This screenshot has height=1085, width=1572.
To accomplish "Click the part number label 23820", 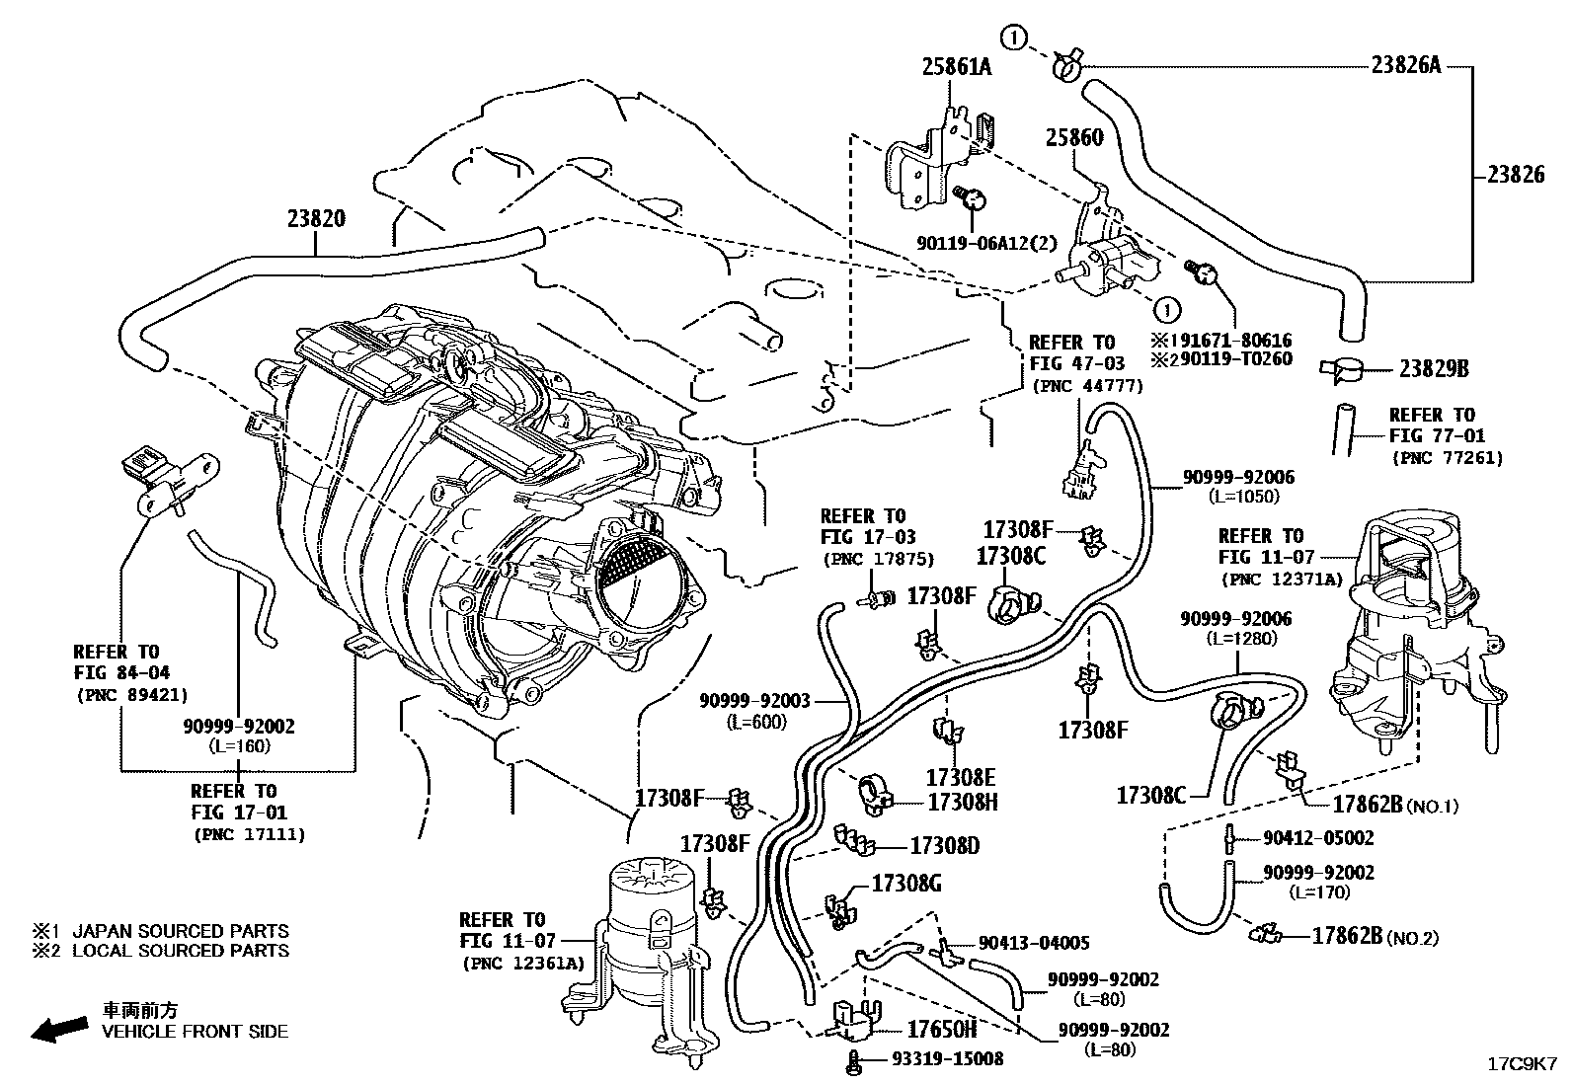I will tap(317, 218).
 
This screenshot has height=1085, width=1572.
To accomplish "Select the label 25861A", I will tap(956, 67).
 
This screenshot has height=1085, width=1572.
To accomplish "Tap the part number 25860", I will tap(1074, 138).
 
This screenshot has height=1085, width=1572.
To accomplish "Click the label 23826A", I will tap(1405, 65).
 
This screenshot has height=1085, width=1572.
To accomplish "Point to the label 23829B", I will tap(1434, 369).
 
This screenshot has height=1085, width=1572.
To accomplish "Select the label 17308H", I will tap(963, 802).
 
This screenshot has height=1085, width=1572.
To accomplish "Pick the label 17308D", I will tap(944, 845).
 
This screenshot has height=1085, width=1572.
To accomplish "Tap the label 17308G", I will tap(905, 883).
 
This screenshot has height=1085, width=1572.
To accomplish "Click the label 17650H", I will tap(941, 1030).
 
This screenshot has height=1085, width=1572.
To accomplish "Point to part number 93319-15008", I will tap(947, 1058).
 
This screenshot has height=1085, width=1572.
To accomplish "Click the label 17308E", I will tap(961, 777).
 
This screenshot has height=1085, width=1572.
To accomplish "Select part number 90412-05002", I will tap(1318, 837).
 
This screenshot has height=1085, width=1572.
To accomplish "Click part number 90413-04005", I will tap(1034, 943).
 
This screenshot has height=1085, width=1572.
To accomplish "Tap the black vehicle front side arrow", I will tap(57, 1030).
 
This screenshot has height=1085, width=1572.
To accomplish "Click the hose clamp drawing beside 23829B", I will tap(1342, 369).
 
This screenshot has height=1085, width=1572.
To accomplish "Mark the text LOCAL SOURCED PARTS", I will tap(181, 951).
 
